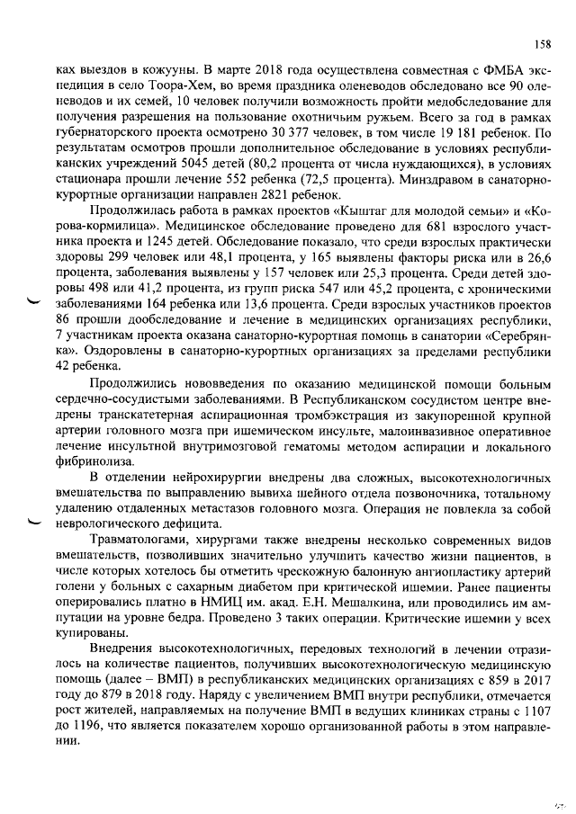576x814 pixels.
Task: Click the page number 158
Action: pyautogui.click(x=542, y=44)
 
